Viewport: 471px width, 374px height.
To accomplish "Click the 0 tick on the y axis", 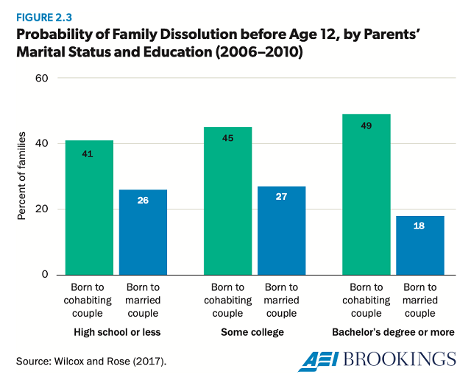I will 43,275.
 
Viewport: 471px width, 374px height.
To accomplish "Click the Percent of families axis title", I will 23,176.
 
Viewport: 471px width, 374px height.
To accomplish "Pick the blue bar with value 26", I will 143,232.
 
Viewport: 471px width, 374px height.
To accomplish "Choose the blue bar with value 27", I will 281,230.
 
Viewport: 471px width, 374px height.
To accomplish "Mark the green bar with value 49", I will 366,194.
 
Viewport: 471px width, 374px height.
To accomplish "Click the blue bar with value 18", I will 419,245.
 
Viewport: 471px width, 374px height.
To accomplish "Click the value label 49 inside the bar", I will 366,126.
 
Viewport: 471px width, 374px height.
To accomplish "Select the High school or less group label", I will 116,332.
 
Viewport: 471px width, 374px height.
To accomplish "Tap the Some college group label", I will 252,332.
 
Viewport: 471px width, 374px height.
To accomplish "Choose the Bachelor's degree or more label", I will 394,332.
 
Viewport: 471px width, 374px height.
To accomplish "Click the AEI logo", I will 321,359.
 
